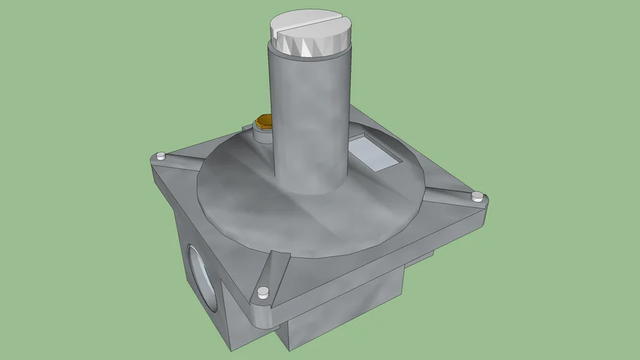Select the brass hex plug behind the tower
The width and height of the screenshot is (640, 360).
point(264,122)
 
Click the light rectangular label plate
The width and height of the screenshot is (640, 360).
point(376,153)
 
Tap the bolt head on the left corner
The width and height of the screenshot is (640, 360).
point(162,155)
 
